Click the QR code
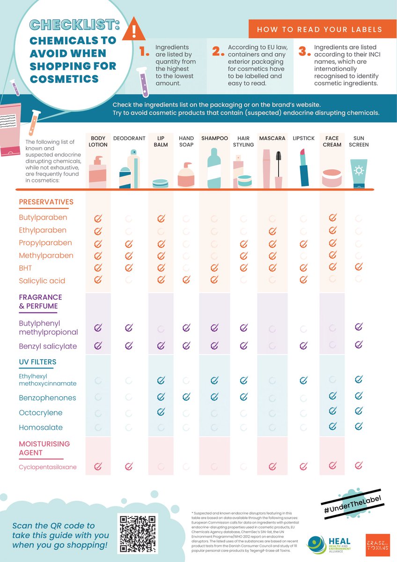point(137,533)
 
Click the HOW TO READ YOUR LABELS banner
point(319,29)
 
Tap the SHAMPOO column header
point(214,139)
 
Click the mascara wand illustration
point(279,169)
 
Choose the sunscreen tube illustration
point(359,174)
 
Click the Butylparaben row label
point(43,218)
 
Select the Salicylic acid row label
point(42,281)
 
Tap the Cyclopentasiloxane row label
point(48,467)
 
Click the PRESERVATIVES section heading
point(46,202)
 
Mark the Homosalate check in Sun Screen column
point(359,426)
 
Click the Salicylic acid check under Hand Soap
point(186,280)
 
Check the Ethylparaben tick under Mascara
point(272,230)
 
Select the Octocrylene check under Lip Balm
point(161,412)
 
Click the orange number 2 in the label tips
point(218,51)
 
